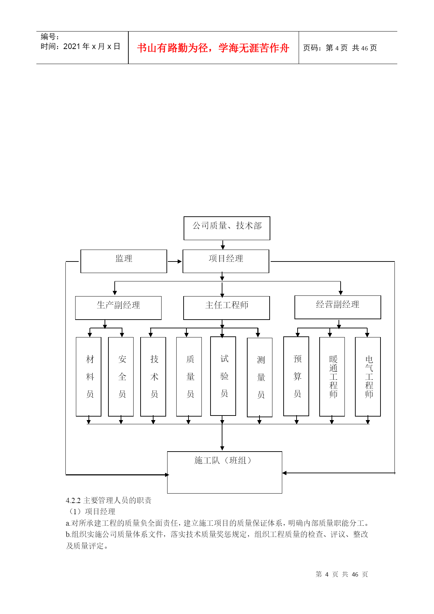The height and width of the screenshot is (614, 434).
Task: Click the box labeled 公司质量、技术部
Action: tap(227, 228)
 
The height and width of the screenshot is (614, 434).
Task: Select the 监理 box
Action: tap(124, 261)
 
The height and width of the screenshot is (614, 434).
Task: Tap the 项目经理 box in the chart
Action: tap(226, 261)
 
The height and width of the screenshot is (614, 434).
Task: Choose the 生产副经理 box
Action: tap(118, 308)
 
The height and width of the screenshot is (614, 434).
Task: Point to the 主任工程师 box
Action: tap(227, 308)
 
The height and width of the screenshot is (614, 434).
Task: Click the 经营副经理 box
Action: tap(338, 307)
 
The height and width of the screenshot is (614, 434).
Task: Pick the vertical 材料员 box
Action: tap(88, 377)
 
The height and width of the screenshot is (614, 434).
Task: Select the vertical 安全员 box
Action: tap(121, 377)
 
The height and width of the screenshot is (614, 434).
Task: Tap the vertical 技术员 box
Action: tap(153, 377)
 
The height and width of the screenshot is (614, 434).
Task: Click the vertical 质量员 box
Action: tap(189, 377)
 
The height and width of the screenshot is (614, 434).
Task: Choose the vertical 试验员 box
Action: tap(223, 376)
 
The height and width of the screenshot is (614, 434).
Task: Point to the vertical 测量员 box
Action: tap(259, 377)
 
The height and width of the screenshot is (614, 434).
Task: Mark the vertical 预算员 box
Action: tap(296, 376)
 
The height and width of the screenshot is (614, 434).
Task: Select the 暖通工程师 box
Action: tap(332, 377)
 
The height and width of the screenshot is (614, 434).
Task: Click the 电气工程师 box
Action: tap(368, 377)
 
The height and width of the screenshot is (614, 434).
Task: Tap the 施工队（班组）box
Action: tap(225, 472)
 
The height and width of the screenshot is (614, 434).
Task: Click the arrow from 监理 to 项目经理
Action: tap(175, 261)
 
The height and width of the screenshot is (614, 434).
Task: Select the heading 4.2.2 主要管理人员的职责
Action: tap(109, 500)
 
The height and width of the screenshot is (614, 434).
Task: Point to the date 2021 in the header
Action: tap(72, 47)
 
